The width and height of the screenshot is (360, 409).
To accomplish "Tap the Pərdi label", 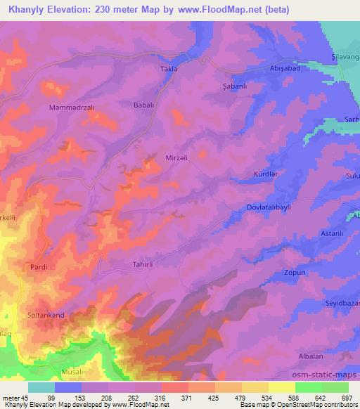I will click(38, 268).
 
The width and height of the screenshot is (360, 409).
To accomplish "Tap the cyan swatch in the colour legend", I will click(41, 387).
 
